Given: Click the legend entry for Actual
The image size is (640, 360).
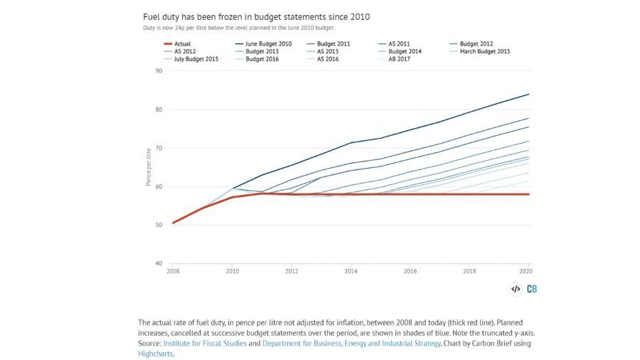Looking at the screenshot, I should coord(183,43).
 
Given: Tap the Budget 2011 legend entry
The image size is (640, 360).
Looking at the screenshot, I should coord(334,43).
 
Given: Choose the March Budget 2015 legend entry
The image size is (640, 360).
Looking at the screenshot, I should coord(484,51).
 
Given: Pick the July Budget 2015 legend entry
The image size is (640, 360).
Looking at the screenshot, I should coord(193,58).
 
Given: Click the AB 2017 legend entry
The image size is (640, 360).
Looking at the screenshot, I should coord(400,58).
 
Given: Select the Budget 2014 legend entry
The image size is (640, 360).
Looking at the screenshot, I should coord(405,51).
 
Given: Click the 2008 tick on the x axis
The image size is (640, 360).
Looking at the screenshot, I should coord(173,272).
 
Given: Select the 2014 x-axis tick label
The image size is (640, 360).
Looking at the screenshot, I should coord(351,272).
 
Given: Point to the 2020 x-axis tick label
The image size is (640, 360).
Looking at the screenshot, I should coord(526,272).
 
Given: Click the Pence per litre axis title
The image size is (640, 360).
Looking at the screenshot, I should coord(149,167).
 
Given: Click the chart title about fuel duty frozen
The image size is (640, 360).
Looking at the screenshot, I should coord(255,16).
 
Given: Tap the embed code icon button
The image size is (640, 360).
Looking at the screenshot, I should coord(516,289).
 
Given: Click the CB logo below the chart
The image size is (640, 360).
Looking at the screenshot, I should coord(532,289).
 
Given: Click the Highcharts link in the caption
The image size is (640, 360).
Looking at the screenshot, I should coord(156,354).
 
